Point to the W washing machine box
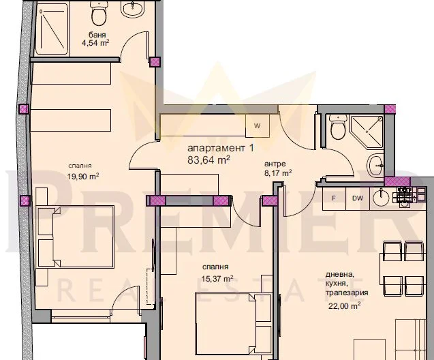tap(257, 126)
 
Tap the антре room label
tap(277, 164)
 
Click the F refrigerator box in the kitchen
tap(334, 198)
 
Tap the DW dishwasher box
tap(356, 198)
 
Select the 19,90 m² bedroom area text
tap(83, 175)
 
